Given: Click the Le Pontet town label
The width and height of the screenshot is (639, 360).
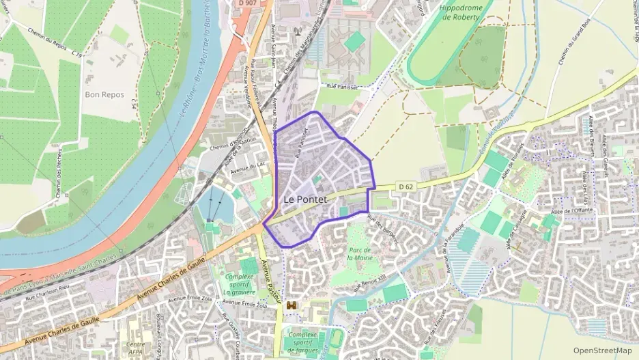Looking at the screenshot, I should (304, 199).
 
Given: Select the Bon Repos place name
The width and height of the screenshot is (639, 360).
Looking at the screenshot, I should (104, 95).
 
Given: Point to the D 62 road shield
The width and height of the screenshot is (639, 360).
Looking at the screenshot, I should (406, 186).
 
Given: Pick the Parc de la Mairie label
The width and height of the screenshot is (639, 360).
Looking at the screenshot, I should (359, 253).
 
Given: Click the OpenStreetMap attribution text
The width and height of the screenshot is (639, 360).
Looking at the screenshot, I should (603, 350).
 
